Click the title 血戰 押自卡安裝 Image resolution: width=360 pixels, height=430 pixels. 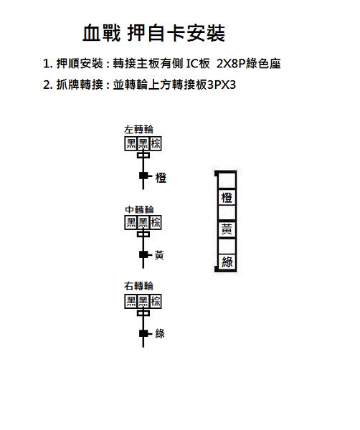tap(153, 33)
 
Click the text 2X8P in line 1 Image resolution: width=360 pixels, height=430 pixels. tap(231, 64)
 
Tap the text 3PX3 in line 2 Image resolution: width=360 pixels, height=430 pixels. tap(222, 85)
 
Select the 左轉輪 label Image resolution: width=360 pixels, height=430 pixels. tap(138, 130)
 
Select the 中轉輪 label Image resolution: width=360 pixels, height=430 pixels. tap(139, 209)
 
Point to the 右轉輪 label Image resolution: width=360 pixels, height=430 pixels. tap(138, 286)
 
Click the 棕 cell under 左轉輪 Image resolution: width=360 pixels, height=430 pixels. tap(156, 143)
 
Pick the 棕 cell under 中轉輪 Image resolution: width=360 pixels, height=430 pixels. tap(156, 222)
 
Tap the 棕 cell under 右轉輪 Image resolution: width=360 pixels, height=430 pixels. tap(156, 302)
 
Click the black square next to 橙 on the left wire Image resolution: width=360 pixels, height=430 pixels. tap(143, 176)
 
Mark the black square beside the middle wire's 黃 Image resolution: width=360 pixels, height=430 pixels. tap(143, 254)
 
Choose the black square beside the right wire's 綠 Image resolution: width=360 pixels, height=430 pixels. tap(143, 333)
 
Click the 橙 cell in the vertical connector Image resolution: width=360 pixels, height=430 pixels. tap(227, 198)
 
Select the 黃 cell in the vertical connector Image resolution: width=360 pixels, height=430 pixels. tap(227, 229)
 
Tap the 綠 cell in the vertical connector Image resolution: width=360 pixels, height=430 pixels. tap(227, 262)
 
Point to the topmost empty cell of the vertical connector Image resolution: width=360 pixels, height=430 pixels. tap(227, 180)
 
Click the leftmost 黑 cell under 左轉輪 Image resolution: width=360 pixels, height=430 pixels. tap(131, 143)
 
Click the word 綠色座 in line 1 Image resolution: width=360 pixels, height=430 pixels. tap(263, 64)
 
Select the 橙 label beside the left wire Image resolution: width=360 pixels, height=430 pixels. tap(161, 178)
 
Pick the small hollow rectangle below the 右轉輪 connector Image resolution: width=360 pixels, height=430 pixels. tap(143, 313)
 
